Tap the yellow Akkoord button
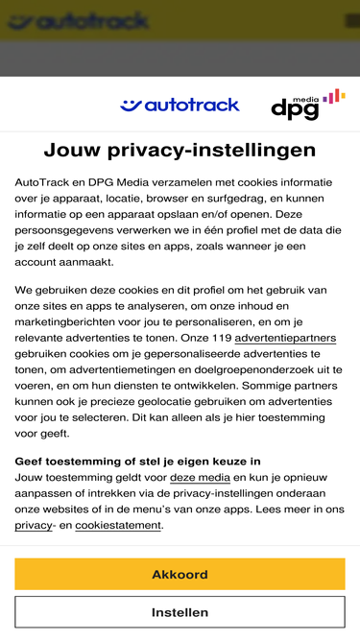tap(180, 575)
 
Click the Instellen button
tap(180, 612)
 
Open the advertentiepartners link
tap(285, 339)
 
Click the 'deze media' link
tap(200, 477)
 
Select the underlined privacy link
tap(34, 525)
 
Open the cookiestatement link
tap(118, 525)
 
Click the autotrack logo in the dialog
tap(180, 105)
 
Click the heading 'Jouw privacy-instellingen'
tap(180, 150)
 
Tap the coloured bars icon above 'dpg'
tap(333, 96)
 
